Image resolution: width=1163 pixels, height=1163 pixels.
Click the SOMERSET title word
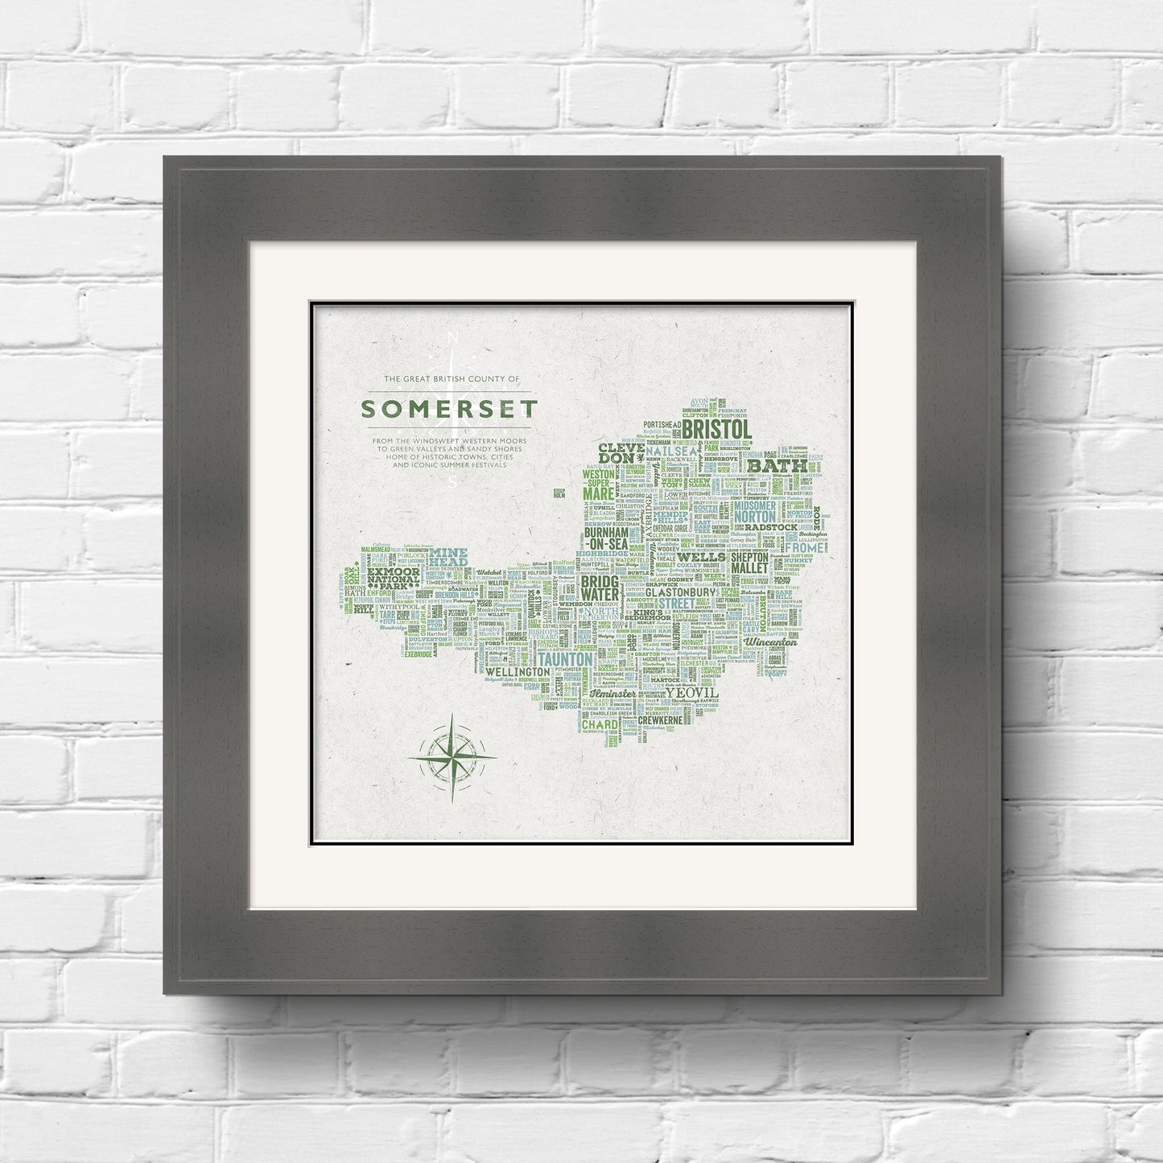(448, 408)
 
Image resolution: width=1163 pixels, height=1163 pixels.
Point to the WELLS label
(702, 556)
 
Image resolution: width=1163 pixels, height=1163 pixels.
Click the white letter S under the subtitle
(452, 483)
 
